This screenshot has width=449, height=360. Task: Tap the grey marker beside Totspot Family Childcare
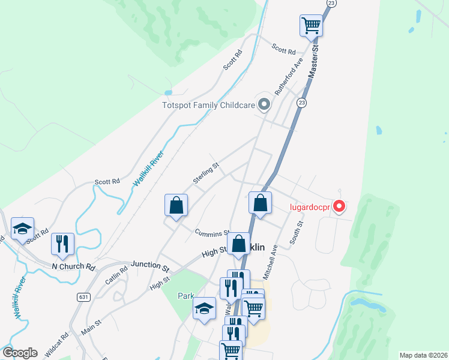pos(264,105)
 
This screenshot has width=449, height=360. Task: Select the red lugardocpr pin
pos(339,207)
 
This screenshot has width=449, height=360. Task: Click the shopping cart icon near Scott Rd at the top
pos(311,25)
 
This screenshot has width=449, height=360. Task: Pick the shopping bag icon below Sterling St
pos(176,205)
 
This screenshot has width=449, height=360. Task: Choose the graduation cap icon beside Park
pos(205,309)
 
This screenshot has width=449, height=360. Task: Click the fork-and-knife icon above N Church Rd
pos(62,244)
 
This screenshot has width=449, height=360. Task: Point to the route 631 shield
pos(83,296)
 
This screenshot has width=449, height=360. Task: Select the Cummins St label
pos(212,232)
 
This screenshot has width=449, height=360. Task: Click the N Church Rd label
pos(74,266)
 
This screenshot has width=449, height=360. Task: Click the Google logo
pos(20,353)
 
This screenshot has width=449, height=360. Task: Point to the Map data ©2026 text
pos(423,355)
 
